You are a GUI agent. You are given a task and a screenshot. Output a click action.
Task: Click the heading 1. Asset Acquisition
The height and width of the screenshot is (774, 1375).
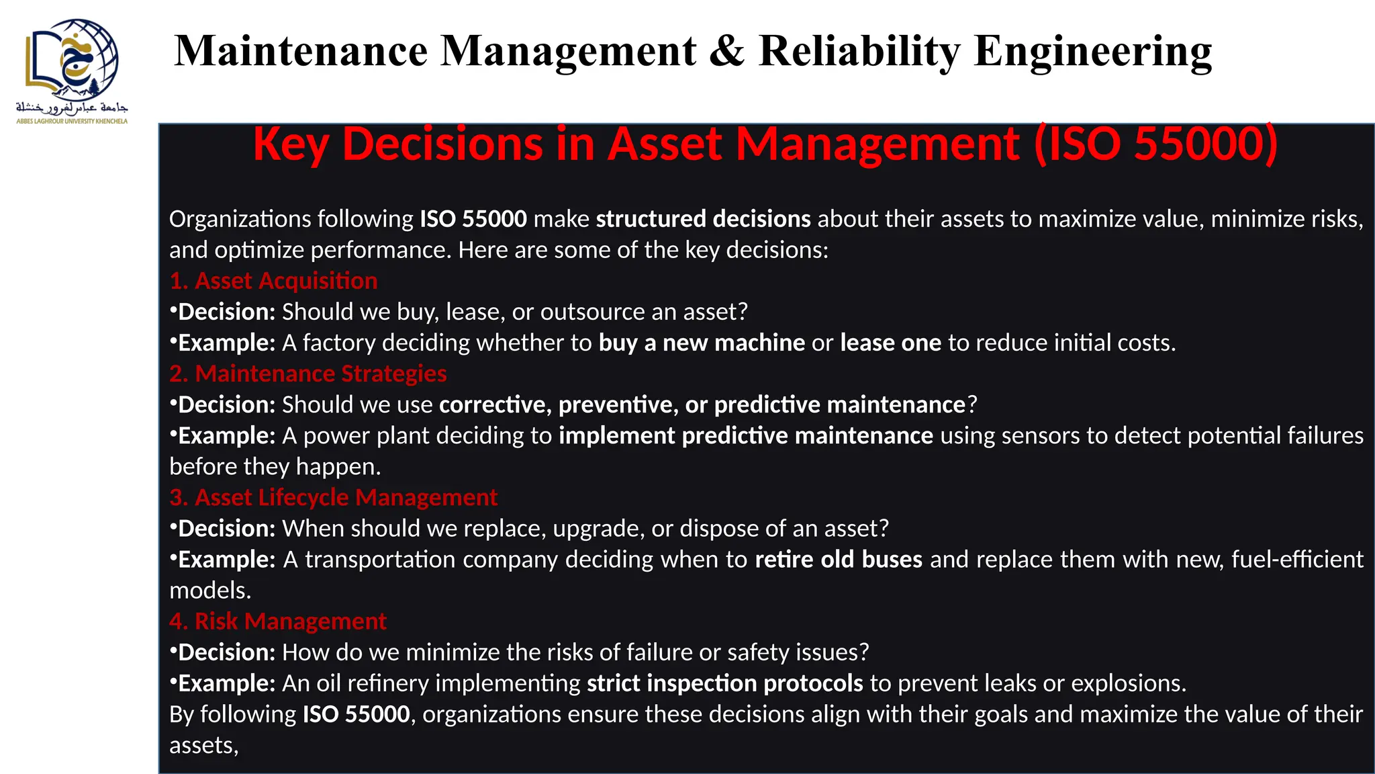[x=273, y=281]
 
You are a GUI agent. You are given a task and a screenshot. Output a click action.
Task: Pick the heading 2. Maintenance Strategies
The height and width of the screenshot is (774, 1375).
[x=307, y=374]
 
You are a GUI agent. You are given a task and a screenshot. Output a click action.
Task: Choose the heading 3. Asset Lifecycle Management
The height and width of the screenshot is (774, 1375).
[x=333, y=497]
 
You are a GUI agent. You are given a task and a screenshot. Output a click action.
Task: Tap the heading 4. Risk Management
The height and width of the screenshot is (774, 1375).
[x=277, y=621]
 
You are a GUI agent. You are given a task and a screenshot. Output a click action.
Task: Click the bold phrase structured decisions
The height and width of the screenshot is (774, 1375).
[x=703, y=219]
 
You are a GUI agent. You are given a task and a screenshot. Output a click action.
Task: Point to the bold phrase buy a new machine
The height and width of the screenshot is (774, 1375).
[x=702, y=343]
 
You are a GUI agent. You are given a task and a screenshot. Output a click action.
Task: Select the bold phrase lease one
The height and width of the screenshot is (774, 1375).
[x=890, y=343]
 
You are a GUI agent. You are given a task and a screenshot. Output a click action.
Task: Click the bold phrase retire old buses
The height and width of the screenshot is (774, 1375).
[x=839, y=560]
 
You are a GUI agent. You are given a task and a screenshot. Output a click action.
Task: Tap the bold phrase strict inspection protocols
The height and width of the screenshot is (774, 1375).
[x=724, y=683]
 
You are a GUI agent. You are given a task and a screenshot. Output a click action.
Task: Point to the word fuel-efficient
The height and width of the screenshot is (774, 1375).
[x=1297, y=560]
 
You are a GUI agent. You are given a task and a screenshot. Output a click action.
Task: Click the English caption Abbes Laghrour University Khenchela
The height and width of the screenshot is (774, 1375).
[x=72, y=122]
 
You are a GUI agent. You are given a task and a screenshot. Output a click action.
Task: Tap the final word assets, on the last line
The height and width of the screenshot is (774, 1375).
[x=203, y=746]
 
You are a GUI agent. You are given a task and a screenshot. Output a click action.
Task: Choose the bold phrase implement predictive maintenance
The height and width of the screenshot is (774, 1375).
[x=745, y=436]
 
